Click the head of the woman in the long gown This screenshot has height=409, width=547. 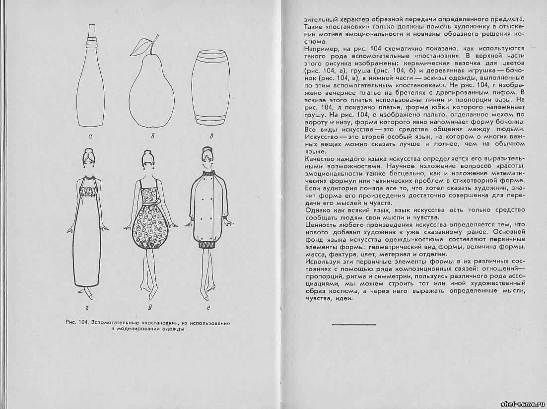[x=89, y=160]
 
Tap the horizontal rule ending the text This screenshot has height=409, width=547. [x=353, y=324]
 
